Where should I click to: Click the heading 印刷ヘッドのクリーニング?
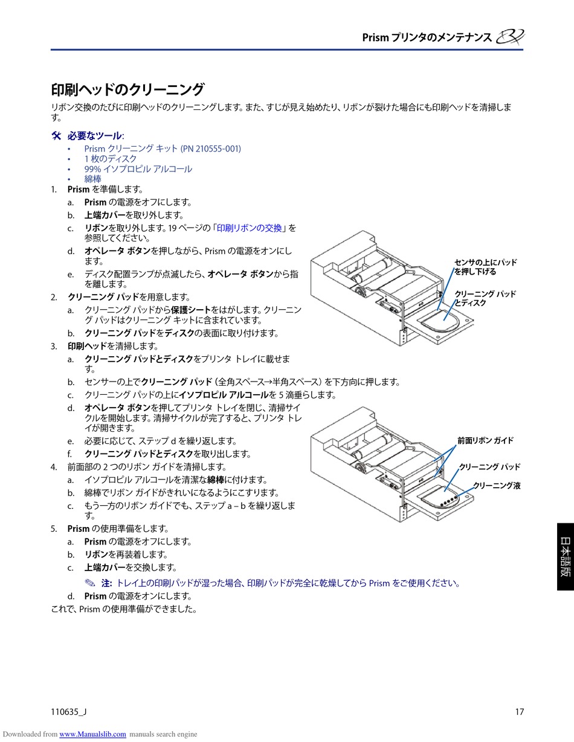tap(127, 89)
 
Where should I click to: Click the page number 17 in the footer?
tap(519, 711)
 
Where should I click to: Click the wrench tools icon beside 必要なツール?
tap(57, 135)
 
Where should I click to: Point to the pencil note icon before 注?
tap(90, 583)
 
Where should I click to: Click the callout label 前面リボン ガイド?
tap(485, 441)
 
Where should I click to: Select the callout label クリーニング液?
tap(497, 485)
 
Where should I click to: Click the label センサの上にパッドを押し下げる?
tap(485, 267)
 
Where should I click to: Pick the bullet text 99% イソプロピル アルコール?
tap(138, 168)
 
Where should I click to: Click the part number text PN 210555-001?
tap(211, 148)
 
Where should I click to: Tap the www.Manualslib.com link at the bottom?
tap(92, 734)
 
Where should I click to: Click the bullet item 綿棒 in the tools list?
tap(93, 179)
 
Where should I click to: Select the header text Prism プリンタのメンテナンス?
tap(427, 37)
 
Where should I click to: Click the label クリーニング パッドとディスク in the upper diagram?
tap(485, 298)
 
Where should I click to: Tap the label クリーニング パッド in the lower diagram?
tap(489, 467)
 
